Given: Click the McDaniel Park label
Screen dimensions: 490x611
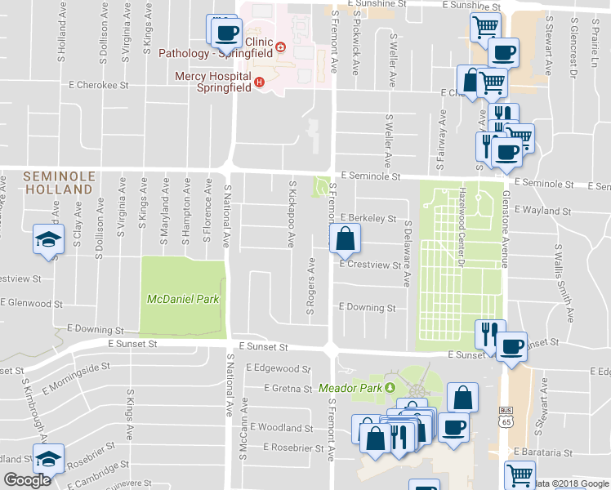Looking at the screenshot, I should click(183, 299).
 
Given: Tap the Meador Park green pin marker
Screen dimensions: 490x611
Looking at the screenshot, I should click(390, 387).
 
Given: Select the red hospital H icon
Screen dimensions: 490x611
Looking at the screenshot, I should click(259, 82).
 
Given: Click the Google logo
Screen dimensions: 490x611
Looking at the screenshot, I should click(26, 480).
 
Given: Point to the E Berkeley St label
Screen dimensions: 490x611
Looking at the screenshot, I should click(368, 219).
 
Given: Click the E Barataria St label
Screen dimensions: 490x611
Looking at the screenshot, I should click(542, 452).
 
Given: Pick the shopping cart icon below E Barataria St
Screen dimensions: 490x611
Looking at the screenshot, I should click(520, 474).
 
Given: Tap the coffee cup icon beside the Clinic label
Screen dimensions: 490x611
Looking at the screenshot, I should click(226, 33).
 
